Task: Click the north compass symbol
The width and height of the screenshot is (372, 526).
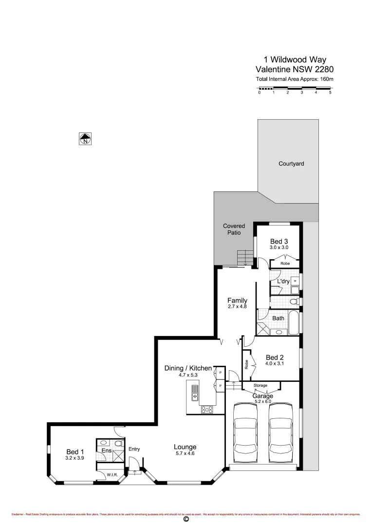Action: point(85,139)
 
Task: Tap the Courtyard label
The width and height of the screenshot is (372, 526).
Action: point(291,164)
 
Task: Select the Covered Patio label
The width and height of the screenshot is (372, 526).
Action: point(234,229)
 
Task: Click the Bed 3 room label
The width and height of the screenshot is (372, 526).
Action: point(279,241)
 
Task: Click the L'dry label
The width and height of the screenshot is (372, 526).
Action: point(283,282)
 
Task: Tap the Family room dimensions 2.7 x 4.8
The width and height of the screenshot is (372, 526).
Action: point(238,307)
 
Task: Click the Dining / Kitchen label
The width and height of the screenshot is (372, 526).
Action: point(188,368)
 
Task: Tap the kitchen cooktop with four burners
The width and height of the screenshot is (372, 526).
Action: point(207,410)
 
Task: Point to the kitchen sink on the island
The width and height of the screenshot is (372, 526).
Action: point(195,392)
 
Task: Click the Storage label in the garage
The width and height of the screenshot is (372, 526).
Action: point(260,385)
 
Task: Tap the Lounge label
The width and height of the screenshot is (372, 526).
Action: point(185,447)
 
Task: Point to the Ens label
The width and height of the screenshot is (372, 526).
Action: point(106,451)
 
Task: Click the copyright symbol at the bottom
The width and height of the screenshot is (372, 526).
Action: point(186,520)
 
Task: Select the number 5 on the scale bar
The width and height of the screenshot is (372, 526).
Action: point(330,92)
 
